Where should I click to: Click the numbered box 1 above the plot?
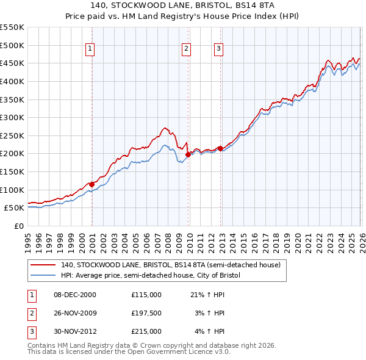coord(90,49)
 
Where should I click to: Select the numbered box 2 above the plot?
coord(186,49)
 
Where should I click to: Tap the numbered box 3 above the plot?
coord(218,49)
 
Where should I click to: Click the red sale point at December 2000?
coord(91,184)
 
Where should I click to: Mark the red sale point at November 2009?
coord(188,154)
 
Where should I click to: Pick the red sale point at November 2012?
coord(220,148)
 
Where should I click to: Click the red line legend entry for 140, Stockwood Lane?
coord(170,265)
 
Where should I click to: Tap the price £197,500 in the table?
coord(146,313)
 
